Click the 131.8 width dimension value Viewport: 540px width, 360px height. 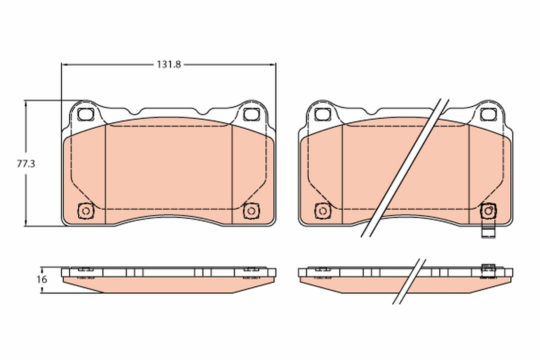(x=169, y=65)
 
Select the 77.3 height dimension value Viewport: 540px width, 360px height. (x=26, y=164)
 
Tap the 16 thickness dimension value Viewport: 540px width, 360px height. (x=42, y=279)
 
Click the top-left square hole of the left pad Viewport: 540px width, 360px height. (x=85, y=114)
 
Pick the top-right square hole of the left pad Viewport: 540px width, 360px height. (x=252, y=114)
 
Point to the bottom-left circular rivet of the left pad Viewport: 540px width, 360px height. (x=86, y=211)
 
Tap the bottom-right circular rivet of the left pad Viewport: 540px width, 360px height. (x=252, y=211)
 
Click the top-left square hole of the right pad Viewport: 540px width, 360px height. (x=323, y=114)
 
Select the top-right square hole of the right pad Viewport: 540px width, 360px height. (x=488, y=114)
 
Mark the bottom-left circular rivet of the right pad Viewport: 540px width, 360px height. (x=323, y=211)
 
